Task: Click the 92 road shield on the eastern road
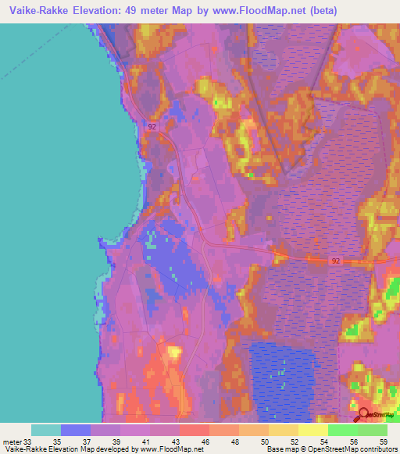336,261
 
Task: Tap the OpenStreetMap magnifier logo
365,415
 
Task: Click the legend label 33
30,441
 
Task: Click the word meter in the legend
12,441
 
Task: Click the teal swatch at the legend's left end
45,430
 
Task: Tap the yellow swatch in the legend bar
312,430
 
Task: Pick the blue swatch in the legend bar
75,430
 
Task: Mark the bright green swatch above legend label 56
342,430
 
